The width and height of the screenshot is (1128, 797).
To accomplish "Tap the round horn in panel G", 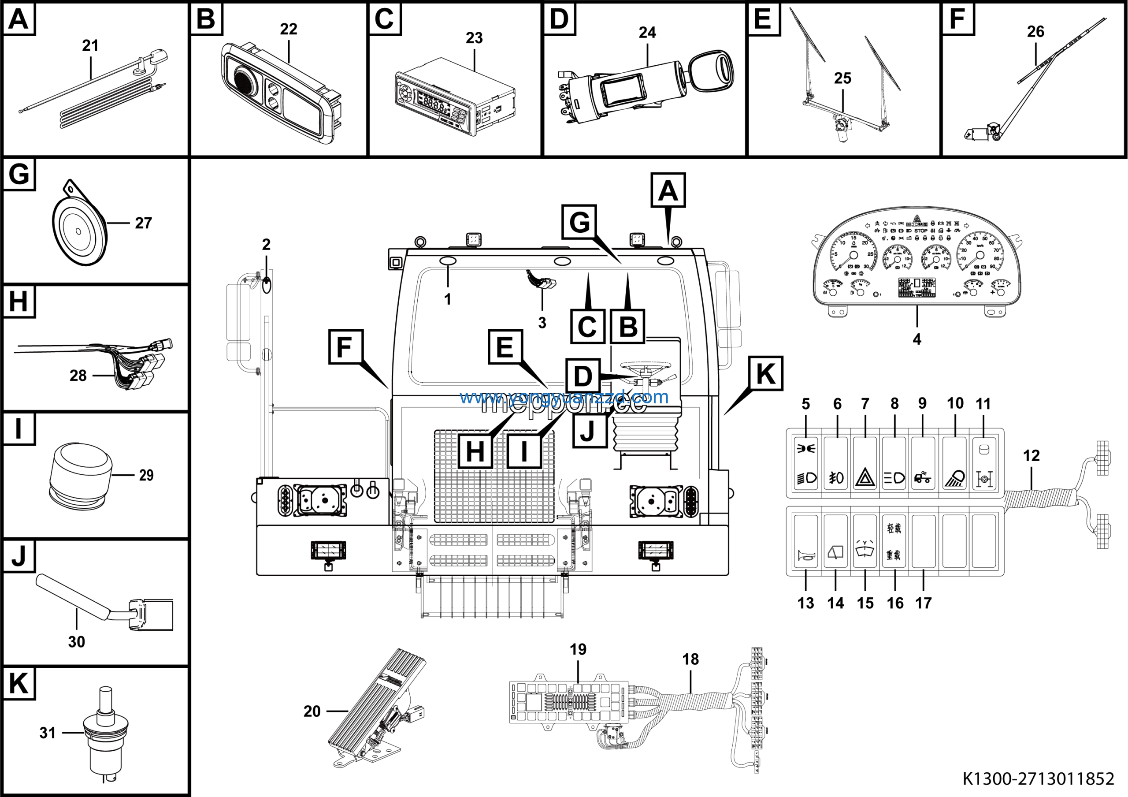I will (78, 230).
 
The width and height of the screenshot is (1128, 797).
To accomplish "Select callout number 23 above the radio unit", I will (474, 38).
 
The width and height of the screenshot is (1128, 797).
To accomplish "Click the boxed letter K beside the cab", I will (765, 373).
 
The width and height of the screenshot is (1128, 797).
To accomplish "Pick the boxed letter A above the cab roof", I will (668, 190).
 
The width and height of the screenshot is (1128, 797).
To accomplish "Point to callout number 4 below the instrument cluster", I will (917, 339).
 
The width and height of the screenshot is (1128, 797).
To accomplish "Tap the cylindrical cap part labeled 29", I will (80, 474).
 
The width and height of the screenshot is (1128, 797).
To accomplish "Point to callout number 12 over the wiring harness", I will (1031, 455).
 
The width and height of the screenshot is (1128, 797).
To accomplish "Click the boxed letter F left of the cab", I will (345, 347).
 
